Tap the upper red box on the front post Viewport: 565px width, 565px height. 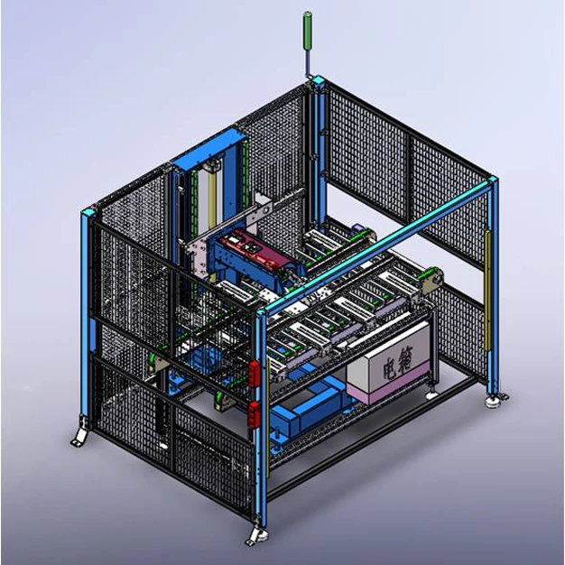255,373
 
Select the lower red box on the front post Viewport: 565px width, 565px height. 255,415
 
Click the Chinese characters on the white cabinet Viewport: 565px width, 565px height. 397,366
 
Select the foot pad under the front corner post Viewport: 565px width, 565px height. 256,534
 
